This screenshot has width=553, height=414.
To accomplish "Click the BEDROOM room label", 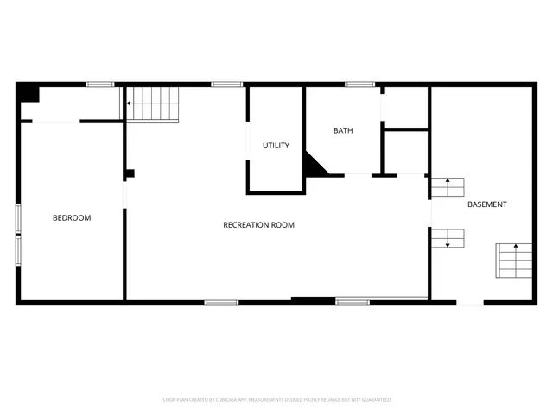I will tap(72, 218).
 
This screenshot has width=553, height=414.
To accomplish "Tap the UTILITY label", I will tap(276, 146).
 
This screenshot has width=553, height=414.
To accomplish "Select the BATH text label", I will tap(343, 131).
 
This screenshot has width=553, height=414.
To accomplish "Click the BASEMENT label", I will tap(487, 204).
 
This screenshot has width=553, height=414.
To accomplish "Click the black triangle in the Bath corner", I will tap(314, 164).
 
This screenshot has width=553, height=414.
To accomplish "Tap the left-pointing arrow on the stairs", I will tap(129, 103).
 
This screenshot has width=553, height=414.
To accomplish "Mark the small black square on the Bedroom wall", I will tap(129, 173).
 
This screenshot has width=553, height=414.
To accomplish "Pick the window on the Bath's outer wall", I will tap(359, 85).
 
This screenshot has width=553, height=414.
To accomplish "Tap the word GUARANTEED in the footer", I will tap(374, 400).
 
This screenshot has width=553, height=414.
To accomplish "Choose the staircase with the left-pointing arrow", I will tap(153, 103).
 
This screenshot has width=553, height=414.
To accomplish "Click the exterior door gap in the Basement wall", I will tap(470, 302).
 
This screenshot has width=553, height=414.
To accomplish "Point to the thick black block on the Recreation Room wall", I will tap(313, 301).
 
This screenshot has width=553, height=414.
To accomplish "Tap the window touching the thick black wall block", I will tap(353, 302).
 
